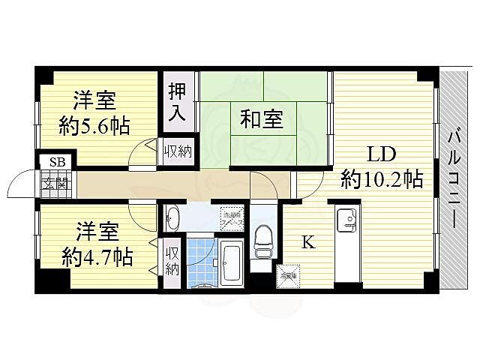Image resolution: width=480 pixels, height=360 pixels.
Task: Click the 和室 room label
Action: [x=262, y=118]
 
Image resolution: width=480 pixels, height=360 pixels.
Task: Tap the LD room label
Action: [x=381, y=155]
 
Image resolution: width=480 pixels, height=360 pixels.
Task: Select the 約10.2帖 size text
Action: [x=382, y=179]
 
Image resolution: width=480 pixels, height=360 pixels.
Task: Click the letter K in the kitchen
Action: [x=307, y=241]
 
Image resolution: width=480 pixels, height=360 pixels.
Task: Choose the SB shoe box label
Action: [x=56, y=162]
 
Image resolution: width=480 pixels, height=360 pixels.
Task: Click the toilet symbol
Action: [x=262, y=239]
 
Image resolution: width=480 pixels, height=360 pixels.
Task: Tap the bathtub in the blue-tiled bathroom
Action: [x=232, y=265]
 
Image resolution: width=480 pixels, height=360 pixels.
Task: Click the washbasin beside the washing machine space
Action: [x=172, y=218]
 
